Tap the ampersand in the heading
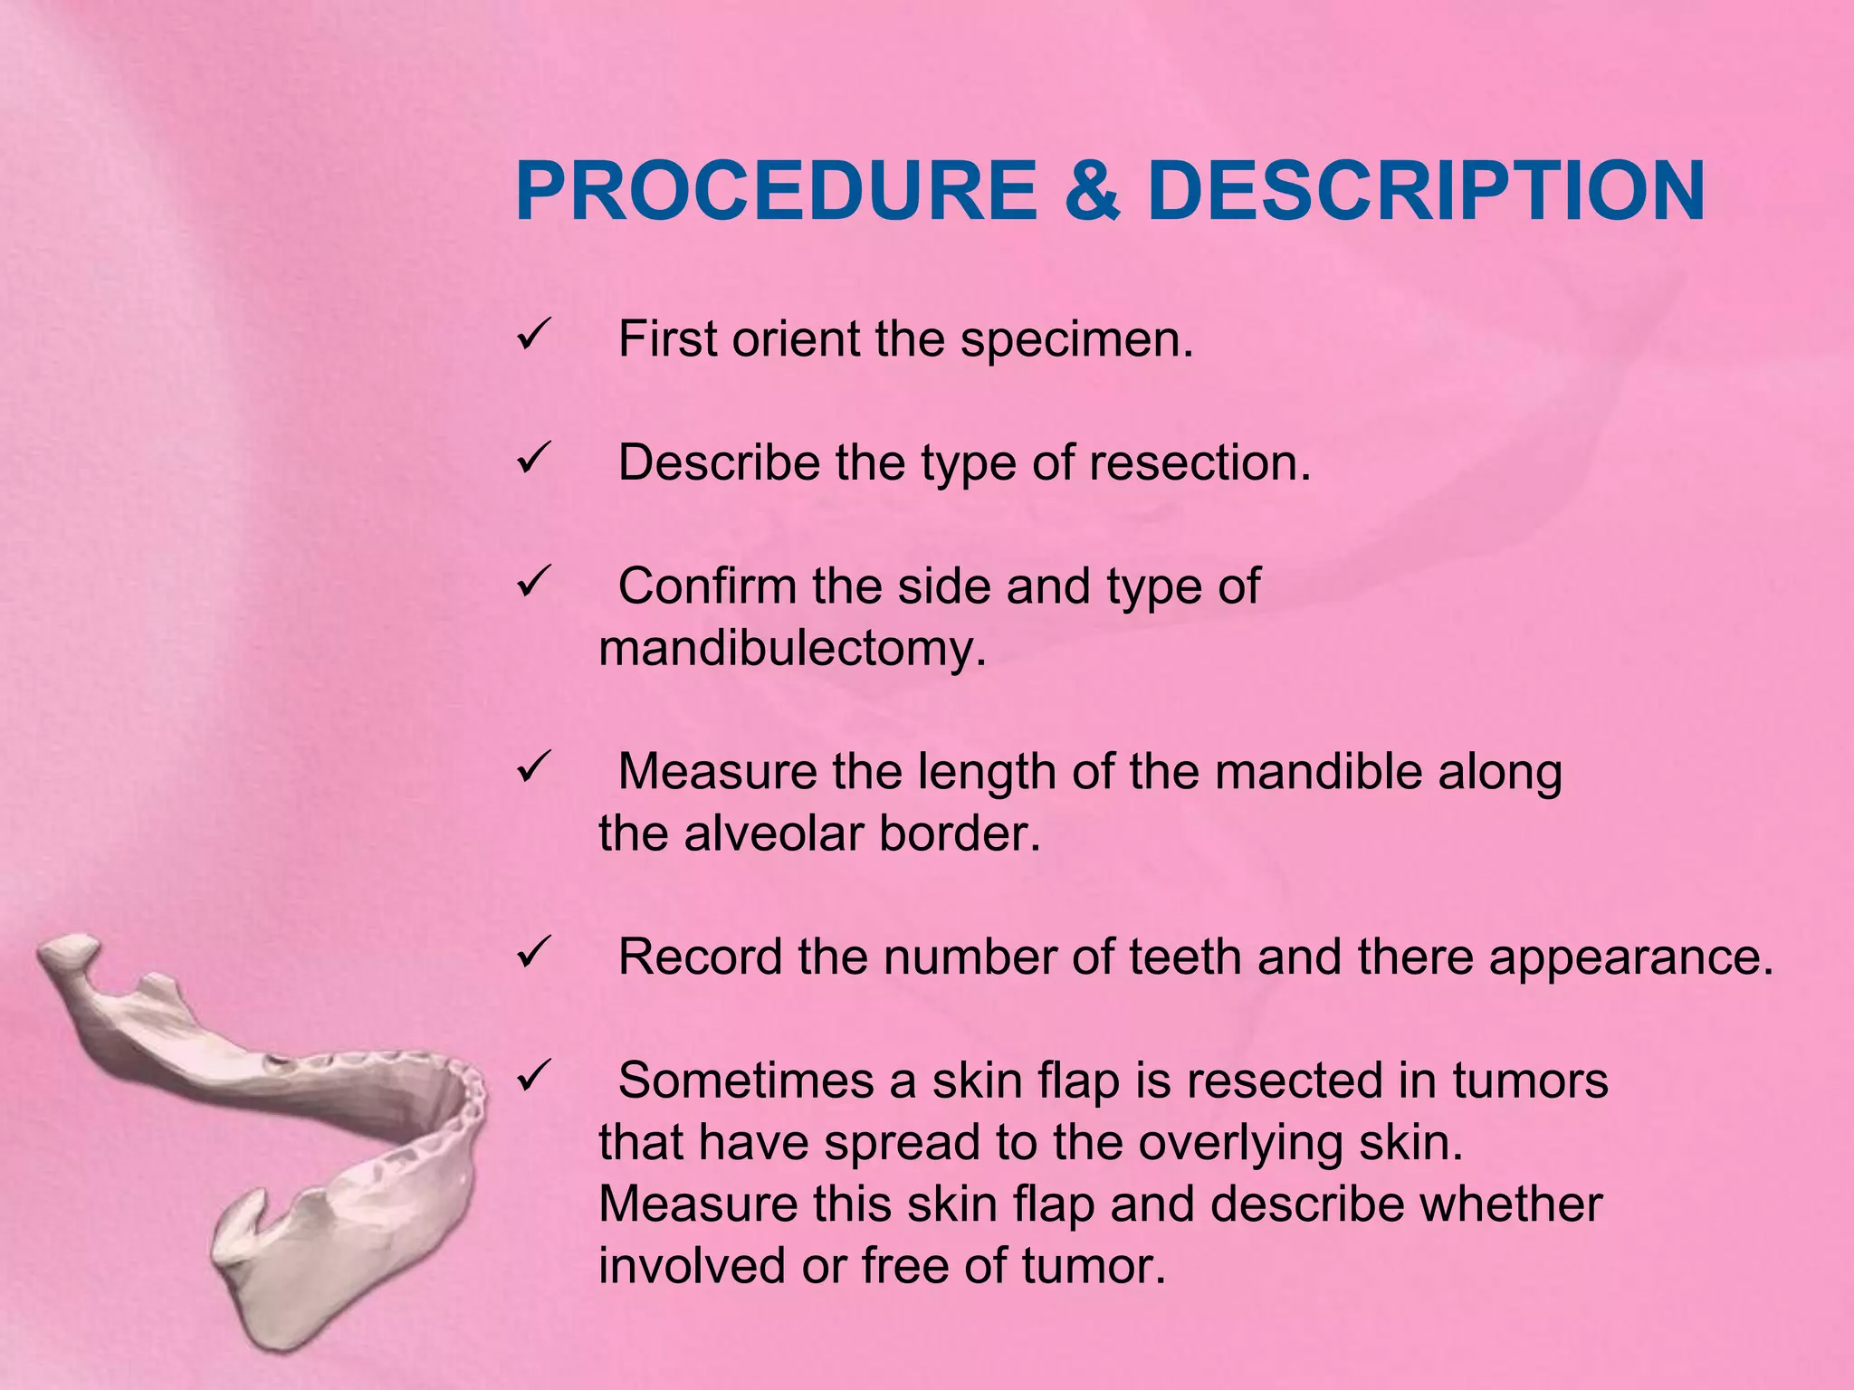tap(1092, 192)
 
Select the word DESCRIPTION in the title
tap(1426, 192)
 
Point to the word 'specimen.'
tap(1076, 341)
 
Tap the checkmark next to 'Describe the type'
tap(530, 460)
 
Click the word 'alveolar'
tap(760, 833)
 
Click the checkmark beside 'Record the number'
tap(530, 954)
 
